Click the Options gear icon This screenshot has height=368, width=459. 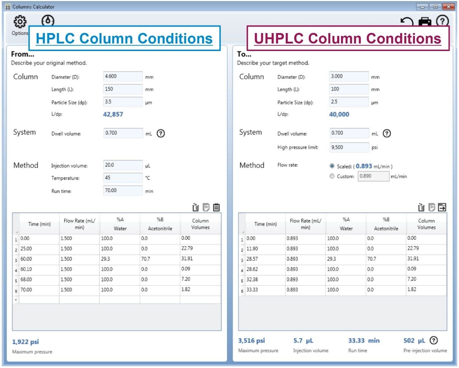pyautogui.click(x=20, y=22)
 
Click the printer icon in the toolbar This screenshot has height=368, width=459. pyautogui.click(x=425, y=22)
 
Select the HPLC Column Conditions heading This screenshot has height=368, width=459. pyautogui.click(x=124, y=38)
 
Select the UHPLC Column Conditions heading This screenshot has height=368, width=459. pyautogui.click(x=347, y=38)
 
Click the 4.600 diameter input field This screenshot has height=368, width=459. pyautogui.click(x=123, y=77)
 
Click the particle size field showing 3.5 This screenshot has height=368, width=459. pyautogui.click(x=123, y=102)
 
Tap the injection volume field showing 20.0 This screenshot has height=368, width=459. pyautogui.click(x=123, y=165)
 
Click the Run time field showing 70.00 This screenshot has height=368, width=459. pyautogui.click(x=123, y=190)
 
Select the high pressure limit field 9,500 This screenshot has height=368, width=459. pyautogui.click(x=349, y=147)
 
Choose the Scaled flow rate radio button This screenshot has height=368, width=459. pyautogui.click(x=332, y=166)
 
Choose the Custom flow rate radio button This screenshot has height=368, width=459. pyautogui.click(x=332, y=176)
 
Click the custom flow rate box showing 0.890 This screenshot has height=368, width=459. pyautogui.click(x=373, y=176)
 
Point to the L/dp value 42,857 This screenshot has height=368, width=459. pyautogui.click(x=113, y=114)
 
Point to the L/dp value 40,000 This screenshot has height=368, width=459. pyautogui.click(x=339, y=114)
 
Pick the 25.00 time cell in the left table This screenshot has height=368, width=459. pyautogui.click(x=39, y=249)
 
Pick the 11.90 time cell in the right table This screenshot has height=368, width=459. pyautogui.click(x=265, y=249)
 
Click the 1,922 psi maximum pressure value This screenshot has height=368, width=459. pyautogui.click(x=25, y=342)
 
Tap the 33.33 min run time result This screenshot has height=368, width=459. pyautogui.click(x=364, y=341)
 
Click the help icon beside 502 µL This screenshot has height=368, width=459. pyautogui.click(x=434, y=340)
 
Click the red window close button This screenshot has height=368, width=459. pyautogui.click(x=448, y=6)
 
